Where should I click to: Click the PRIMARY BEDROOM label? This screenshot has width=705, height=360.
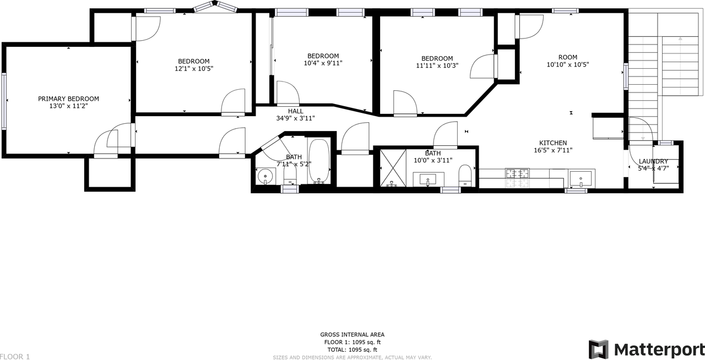coord(68,99)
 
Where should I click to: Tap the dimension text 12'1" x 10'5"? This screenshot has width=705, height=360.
coord(193,69)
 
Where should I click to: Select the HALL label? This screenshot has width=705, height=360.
coord(295,111)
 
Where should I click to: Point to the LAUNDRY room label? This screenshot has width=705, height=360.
coord(653,161)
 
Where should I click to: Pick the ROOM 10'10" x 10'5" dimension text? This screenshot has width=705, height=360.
coord(567,64)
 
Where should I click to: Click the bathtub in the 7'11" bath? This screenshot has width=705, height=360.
coord(319,161)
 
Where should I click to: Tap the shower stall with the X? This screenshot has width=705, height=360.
coord(393,167)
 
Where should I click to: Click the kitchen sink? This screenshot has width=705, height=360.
coord(581,178)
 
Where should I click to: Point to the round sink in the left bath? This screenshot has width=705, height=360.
coord(265,176)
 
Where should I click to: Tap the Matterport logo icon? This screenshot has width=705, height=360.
coord(599,349)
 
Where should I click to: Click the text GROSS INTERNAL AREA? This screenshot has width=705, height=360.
coord(352,334)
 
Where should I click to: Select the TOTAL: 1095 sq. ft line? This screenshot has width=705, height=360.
coord(352,350)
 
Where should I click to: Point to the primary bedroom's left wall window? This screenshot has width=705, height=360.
coord(4,101)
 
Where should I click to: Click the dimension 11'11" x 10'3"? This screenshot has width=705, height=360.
coord(437,66)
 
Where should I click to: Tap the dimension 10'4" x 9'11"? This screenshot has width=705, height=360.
coord(323,63)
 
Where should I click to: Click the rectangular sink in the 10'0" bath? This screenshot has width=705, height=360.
coord(428,179)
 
